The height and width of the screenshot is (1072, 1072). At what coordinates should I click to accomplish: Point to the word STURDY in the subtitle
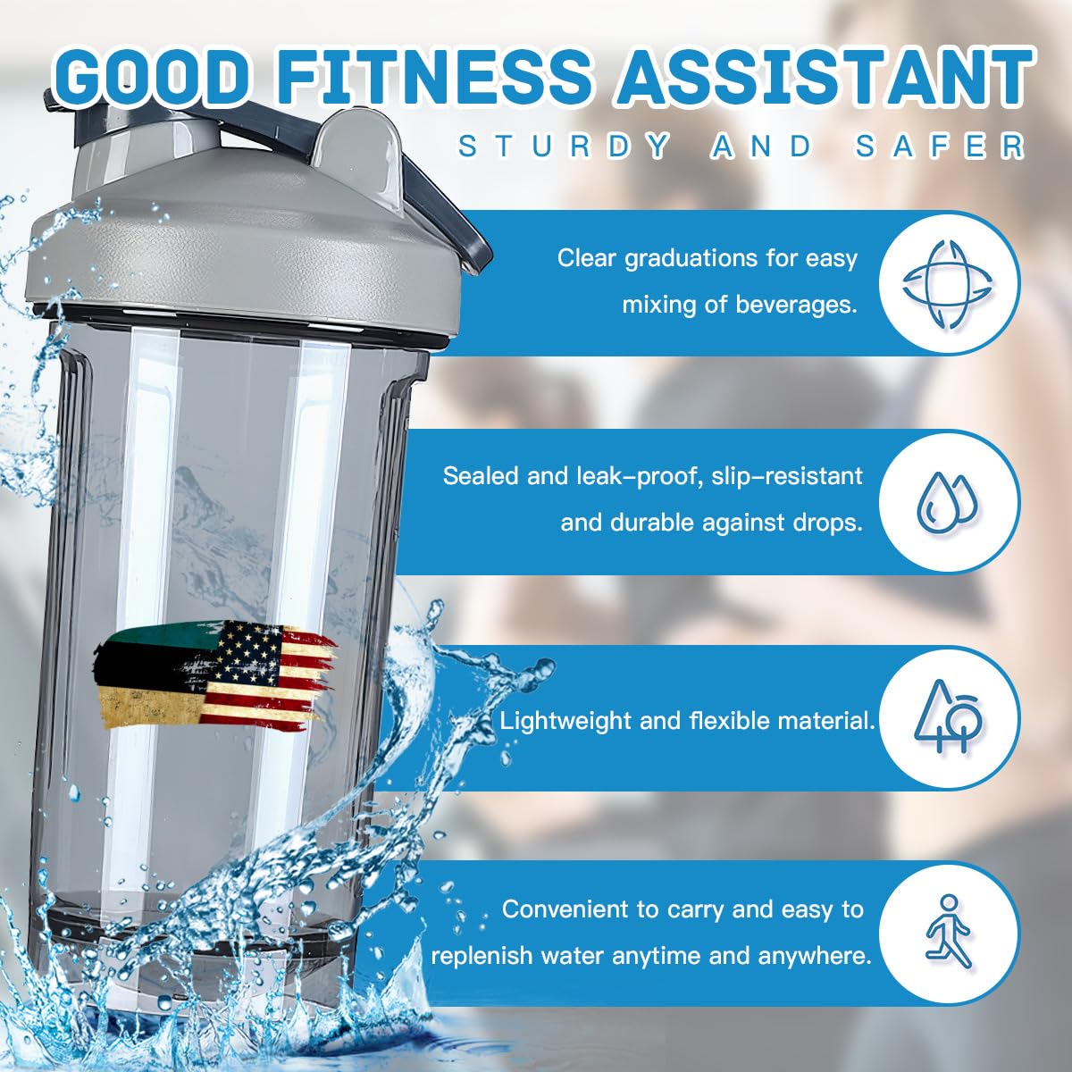click(x=563, y=146)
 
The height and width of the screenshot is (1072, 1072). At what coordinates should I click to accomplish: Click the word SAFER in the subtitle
click(x=939, y=146)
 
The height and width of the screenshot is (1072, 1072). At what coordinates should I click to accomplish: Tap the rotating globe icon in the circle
click(x=948, y=283)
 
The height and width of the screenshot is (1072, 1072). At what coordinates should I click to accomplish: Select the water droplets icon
click(x=948, y=500)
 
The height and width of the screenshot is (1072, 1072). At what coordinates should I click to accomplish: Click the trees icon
click(x=948, y=716)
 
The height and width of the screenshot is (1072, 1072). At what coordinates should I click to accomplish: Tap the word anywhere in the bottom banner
click(x=815, y=956)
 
